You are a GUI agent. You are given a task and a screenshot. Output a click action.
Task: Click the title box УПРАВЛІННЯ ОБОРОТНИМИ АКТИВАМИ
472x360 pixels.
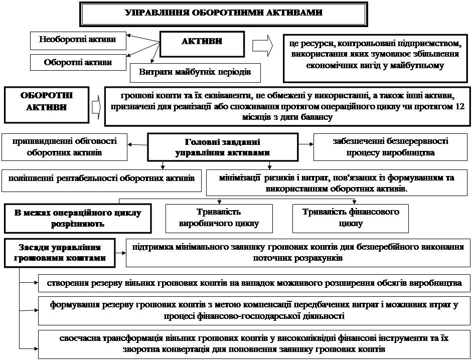tap(223, 14)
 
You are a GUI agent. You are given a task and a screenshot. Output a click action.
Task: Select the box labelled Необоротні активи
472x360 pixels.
tap(78, 40)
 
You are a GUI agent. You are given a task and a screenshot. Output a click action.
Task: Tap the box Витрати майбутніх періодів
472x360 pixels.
tap(195, 73)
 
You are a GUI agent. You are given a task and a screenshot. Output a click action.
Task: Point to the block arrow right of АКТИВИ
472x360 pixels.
tap(262, 46)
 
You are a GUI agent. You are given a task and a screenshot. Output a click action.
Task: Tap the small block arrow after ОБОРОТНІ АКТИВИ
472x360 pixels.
tap(96, 107)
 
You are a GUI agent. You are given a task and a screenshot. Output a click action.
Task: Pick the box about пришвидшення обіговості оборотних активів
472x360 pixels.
tap(64, 147)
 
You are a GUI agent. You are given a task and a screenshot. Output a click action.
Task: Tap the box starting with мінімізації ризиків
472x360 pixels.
tap(337, 183)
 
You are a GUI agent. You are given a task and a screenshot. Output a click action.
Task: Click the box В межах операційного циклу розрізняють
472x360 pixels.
tap(77, 218)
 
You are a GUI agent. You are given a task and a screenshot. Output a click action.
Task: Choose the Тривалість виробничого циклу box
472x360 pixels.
tap(219, 218)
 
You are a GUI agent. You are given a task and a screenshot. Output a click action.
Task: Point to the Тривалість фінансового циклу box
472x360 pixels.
tap(351, 218)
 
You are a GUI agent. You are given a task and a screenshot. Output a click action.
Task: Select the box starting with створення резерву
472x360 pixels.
tap(254, 283)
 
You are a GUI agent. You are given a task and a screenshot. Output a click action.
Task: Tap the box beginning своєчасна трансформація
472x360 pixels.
tap(254, 343)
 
